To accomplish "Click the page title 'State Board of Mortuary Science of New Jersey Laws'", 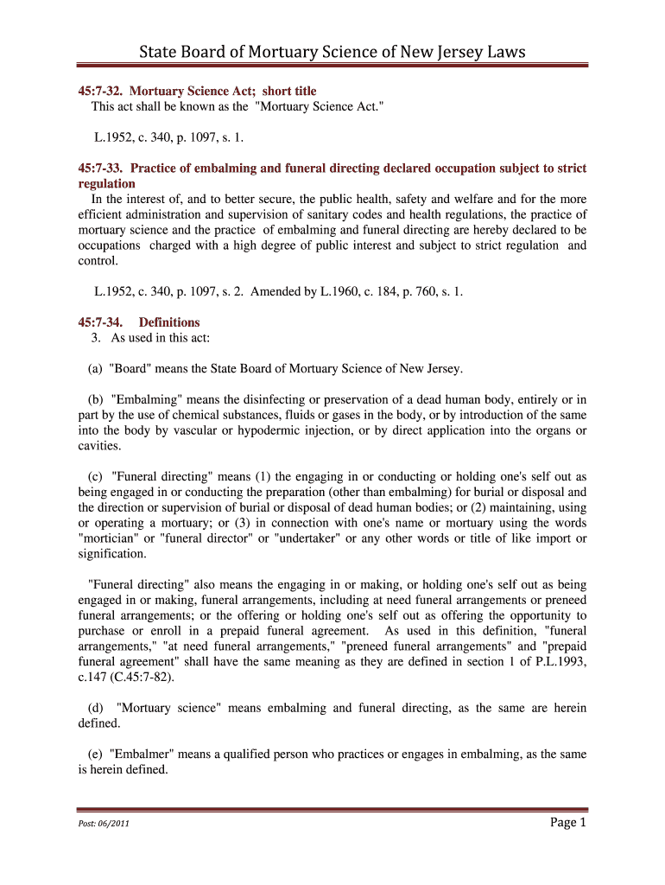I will point(332,54).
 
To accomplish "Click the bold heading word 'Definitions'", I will point(169,322).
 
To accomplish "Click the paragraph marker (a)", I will point(95,369).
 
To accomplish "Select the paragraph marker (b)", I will point(95,399).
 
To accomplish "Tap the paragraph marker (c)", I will point(95,476).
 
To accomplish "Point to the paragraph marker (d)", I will point(98,708).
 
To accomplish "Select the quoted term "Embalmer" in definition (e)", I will point(140,754).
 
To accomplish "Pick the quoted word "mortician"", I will point(111,538).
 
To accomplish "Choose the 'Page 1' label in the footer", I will point(567,823).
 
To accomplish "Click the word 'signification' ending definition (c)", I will point(111,554).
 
